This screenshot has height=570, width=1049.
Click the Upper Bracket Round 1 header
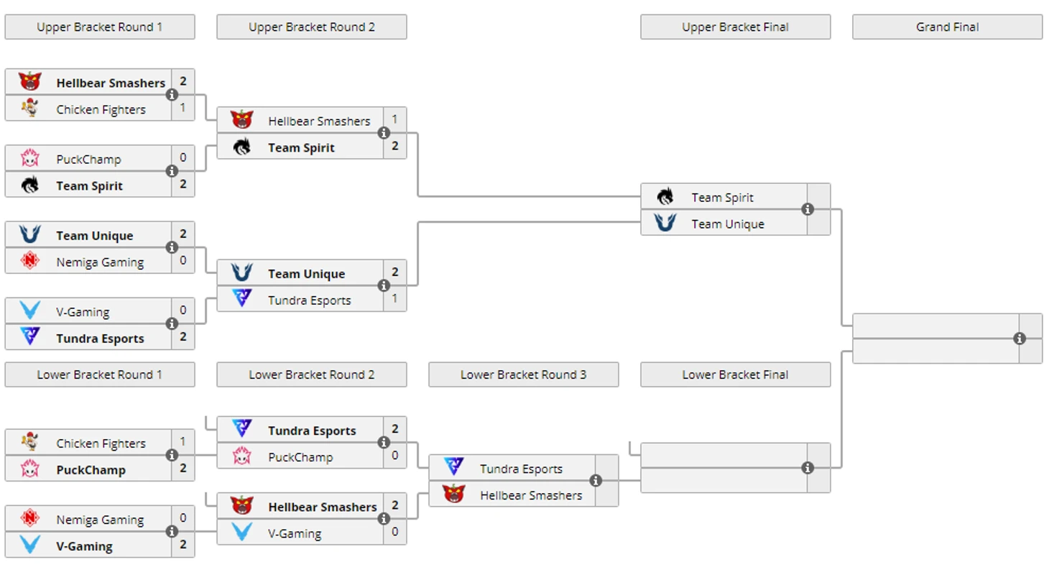99,27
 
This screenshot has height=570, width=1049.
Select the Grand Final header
947,27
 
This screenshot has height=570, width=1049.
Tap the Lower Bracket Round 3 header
523,374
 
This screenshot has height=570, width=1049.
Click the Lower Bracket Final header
735,374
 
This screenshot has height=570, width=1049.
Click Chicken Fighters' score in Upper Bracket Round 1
183,108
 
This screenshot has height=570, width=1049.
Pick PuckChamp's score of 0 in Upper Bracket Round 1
183,157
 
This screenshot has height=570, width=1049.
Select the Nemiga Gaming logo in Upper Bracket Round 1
29,262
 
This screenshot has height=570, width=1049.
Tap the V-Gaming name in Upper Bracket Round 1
83,312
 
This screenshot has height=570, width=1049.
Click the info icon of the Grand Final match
1019,339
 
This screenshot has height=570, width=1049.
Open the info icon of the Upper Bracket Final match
808,209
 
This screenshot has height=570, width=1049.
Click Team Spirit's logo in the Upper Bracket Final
665,197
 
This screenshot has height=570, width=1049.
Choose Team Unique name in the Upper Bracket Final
727,224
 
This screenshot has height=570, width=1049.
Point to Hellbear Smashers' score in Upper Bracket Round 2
394,119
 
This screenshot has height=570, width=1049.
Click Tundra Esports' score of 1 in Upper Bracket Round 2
394,298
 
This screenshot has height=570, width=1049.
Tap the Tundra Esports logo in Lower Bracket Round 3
453,467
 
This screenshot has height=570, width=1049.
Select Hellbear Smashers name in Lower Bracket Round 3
531,495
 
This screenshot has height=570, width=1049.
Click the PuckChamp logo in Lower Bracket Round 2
241,456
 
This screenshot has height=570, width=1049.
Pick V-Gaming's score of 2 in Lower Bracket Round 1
183,544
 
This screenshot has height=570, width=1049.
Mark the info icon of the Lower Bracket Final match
808,468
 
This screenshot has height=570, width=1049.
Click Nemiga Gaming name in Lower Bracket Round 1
100,520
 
